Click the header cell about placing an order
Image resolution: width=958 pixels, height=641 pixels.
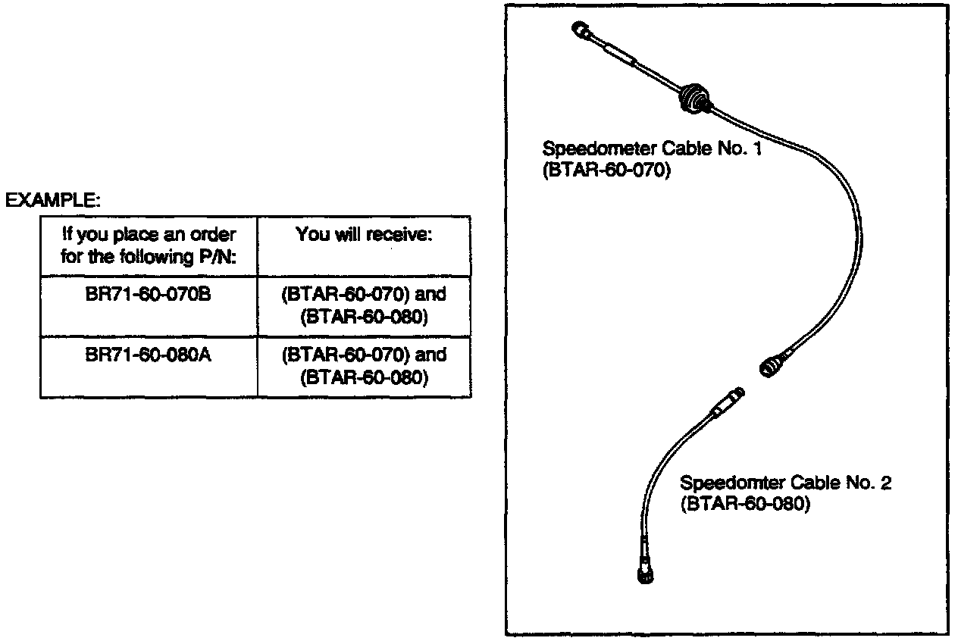point(149,245)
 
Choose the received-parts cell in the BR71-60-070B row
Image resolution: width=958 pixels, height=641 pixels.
point(364,305)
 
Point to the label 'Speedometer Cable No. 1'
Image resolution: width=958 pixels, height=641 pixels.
point(652,148)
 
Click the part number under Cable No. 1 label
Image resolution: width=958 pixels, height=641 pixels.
point(607,170)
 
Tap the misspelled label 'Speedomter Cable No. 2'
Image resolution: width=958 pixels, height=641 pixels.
point(785,483)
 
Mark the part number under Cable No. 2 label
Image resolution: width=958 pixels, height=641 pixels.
point(745,505)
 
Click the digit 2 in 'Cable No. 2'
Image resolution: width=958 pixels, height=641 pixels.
point(885,483)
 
